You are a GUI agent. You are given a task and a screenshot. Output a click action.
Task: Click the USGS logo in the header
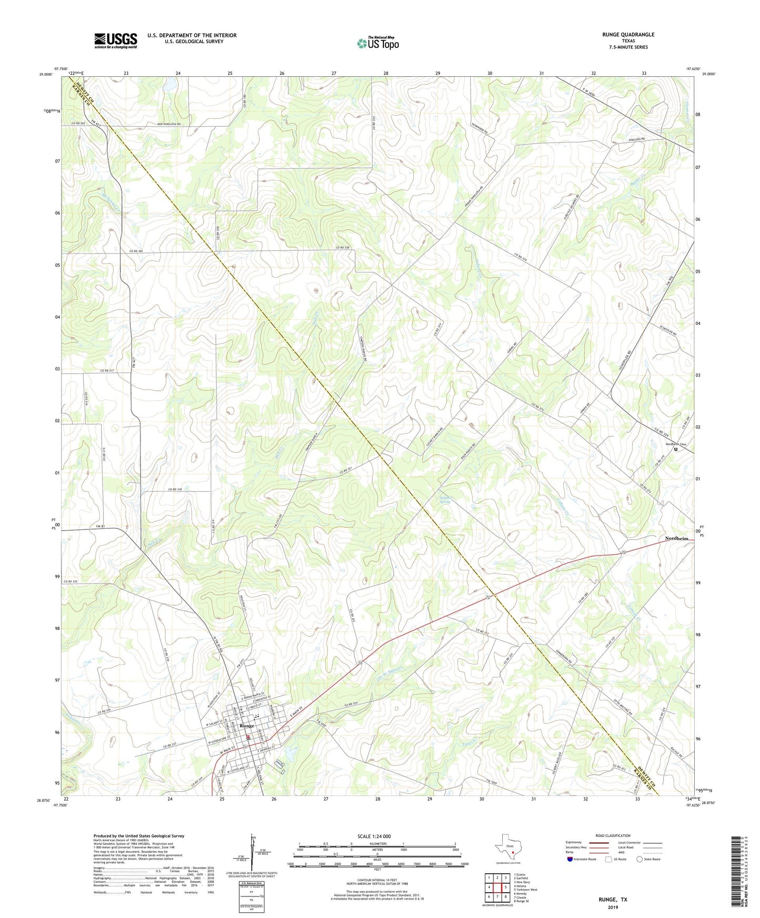(x=116, y=40)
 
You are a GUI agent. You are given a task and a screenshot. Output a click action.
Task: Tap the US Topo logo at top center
(x=377, y=43)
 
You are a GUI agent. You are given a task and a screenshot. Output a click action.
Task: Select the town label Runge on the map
(x=247, y=726)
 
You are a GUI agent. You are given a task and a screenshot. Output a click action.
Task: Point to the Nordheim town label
(x=676, y=538)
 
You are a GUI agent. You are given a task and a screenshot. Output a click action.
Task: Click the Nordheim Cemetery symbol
(x=676, y=449)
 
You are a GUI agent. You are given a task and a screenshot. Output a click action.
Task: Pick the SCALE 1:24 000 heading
(x=374, y=836)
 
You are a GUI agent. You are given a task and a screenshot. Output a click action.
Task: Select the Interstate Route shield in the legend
(x=570, y=859)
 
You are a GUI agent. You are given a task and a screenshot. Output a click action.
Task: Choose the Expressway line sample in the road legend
(x=599, y=842)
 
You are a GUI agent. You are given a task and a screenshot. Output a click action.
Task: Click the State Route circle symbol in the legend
(x=639, y=859)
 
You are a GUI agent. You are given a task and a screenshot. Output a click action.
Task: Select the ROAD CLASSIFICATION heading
(x=613, y=835)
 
